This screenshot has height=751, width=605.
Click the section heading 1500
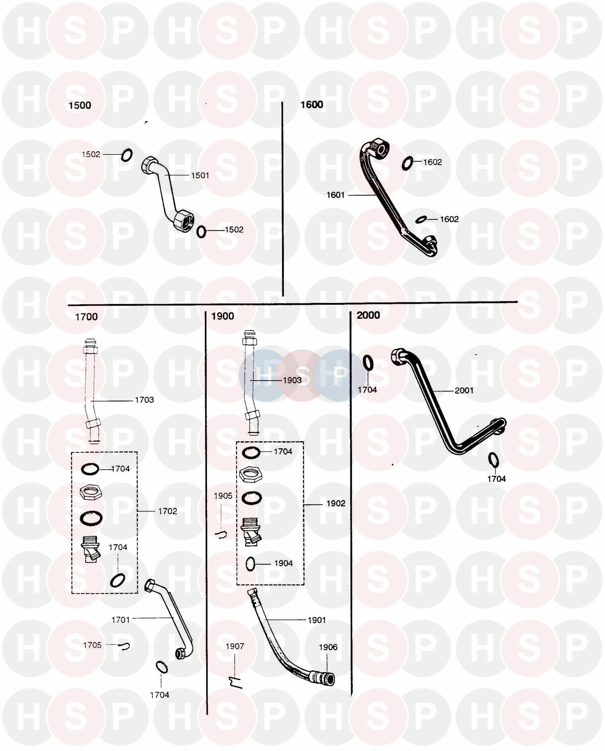(79, 106)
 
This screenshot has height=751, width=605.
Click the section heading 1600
(311, 105)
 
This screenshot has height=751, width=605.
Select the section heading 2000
(368, 315)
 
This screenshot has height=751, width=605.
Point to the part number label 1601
(335, 195)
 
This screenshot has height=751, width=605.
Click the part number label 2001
(464, 391)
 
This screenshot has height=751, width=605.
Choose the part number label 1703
(144, 400)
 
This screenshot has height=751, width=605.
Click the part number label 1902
(336, 504)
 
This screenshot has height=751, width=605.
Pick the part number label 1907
(235, 646)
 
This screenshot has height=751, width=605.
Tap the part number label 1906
(328, 647)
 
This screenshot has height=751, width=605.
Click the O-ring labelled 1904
(250, 564)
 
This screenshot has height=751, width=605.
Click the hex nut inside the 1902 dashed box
(250, 474)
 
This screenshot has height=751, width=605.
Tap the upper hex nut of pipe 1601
(380, 147)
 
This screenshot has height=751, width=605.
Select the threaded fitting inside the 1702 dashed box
(91, 548)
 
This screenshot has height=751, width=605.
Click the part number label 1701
(121, 620)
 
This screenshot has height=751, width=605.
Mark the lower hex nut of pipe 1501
(183, 220)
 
